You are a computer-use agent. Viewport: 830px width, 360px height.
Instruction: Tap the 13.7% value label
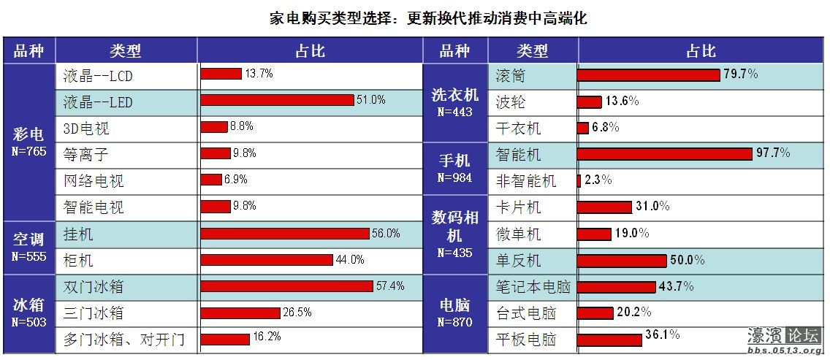259,74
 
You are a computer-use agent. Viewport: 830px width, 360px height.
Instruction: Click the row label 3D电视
86,129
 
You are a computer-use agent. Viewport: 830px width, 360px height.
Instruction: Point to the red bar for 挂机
285,234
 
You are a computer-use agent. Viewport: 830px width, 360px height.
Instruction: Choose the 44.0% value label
350,260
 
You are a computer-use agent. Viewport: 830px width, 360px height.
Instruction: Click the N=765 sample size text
29,151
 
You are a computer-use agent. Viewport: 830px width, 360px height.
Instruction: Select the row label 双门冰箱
93,286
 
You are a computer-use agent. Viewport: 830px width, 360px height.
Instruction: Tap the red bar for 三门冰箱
240,313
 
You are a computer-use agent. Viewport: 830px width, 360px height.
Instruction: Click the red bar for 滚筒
648,74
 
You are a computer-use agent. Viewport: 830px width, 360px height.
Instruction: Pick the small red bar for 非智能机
579,180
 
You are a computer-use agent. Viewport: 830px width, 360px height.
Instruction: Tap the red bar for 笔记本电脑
616,287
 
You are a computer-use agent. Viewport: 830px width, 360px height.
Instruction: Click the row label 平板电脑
526,340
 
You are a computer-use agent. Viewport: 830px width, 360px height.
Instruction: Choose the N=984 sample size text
454,177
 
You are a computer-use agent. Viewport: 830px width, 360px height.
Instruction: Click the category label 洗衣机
454,95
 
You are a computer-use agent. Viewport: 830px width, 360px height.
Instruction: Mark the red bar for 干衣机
582,128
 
